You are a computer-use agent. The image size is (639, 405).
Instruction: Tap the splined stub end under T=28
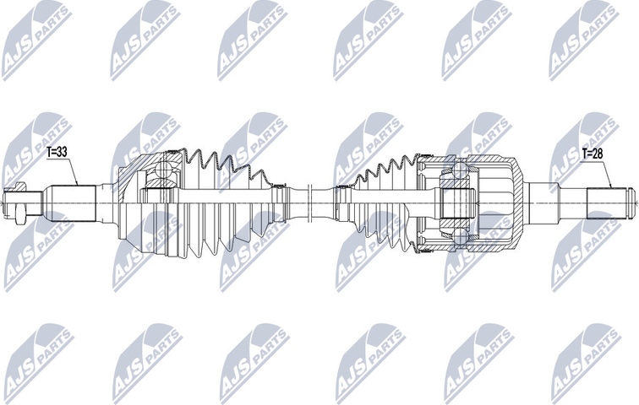(605, 202)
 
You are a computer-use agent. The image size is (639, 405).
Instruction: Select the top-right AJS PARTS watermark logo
(583, 39)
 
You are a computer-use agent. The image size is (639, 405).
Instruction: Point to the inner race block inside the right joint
(457, 203)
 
